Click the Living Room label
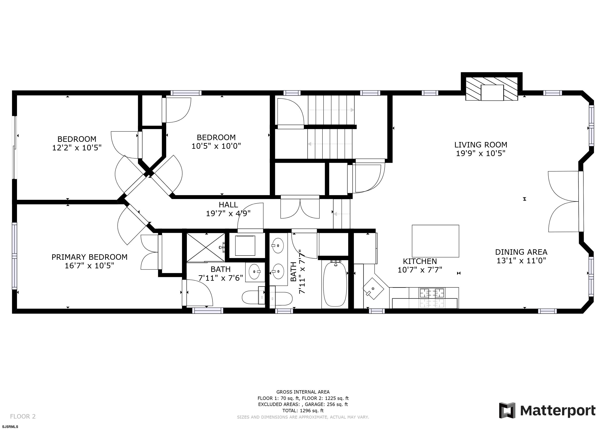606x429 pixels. point(481,145)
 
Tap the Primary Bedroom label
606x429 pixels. point(90,257)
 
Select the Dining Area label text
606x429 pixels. point(521,252)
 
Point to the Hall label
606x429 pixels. point(228,205)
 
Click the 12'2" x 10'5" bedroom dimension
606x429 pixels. point(77,148)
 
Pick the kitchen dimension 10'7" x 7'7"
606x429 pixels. point(420,270)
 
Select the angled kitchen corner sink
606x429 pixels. point(373,288)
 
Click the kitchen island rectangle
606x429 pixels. point(435,241)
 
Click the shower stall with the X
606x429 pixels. point(206,247)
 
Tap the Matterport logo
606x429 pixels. point(547,411)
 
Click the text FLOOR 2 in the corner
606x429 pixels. point(23,417)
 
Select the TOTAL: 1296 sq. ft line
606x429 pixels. point(303,411)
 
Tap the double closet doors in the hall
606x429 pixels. point(300,207)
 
